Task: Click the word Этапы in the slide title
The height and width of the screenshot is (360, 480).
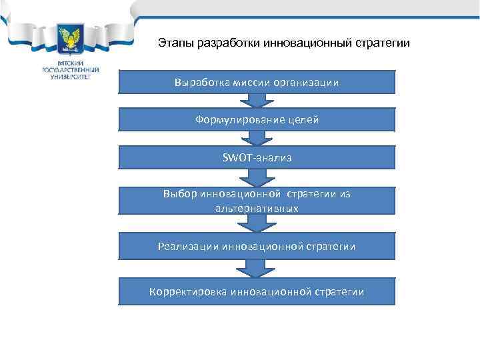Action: point(175,43)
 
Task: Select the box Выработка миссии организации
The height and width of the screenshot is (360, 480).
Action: point(257,82)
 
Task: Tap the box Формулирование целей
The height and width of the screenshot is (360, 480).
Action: point(257,120)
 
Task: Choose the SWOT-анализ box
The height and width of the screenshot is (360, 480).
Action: point(257,158)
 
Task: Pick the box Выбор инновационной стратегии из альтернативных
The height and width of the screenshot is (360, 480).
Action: point(257,201)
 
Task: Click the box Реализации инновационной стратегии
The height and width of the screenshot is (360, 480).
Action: point(257,247)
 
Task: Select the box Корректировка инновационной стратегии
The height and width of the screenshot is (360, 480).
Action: point(257,291)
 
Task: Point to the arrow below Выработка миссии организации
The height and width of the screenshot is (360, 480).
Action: point(257,101)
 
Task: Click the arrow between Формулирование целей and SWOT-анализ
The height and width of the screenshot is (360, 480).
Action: point(257,139)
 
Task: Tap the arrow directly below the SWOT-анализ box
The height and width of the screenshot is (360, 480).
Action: point(257,177)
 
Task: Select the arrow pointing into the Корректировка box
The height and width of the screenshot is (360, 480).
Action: point(257,269)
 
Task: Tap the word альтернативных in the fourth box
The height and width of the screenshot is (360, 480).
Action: point(257,208)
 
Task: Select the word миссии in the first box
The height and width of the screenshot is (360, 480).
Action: point(252,82)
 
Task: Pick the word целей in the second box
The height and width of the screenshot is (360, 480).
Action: point(304,120)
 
